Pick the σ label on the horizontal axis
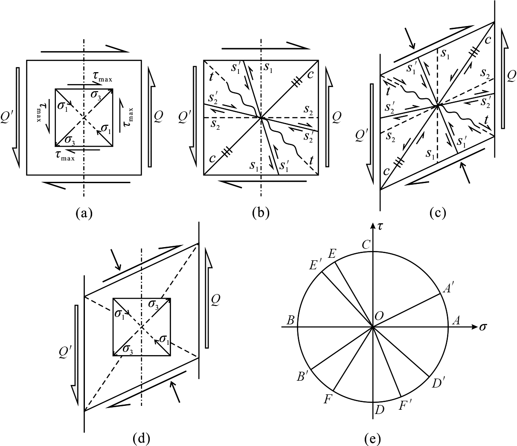click(483, 327)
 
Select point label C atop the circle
click(366, 245)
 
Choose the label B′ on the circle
click(302, 376)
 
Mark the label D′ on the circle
click(439, 383)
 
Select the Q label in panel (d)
click(215, 300)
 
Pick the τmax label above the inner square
click(102, 77)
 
